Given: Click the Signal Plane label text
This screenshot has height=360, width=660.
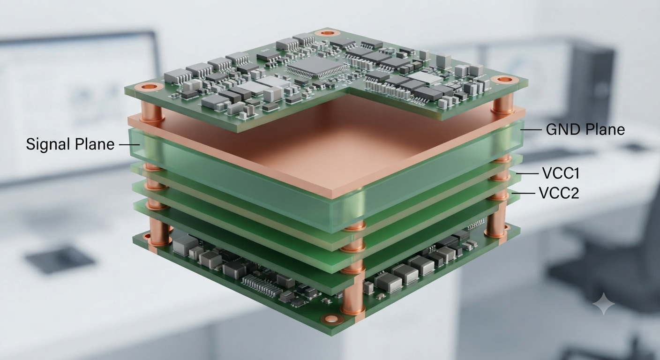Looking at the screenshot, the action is (70, 144).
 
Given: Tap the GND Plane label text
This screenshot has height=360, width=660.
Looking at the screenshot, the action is (585, 130).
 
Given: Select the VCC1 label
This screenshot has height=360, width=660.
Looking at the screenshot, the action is (561, 173).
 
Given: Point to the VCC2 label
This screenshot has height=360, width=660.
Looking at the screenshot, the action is (559, 193).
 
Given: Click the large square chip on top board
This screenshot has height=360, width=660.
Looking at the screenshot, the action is (316, 67).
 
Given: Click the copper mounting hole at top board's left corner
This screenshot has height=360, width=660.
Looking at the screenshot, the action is (150, 87).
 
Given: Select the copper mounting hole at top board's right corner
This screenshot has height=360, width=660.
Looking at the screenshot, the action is (506, 80).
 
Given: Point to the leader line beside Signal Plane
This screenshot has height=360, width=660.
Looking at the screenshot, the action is (129, 145).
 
